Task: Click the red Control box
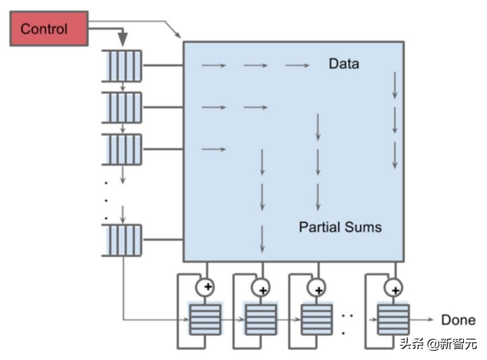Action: [x=49, y=29]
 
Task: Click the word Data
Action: [x=343, y=63]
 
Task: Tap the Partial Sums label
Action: [x=340, y=227]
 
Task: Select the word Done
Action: [x=458, y=320]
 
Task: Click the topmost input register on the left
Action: [x=122, y=66]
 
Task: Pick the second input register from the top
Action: [x=122, y=107]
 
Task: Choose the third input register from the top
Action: [x=122, y=149]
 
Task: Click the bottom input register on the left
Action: [x=122, y=240]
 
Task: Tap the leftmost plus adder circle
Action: [x=206, y=286]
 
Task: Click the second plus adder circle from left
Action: [x=262, y=286]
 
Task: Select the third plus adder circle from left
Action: [x=317, y=286]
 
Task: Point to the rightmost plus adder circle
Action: [x=394, y=286]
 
